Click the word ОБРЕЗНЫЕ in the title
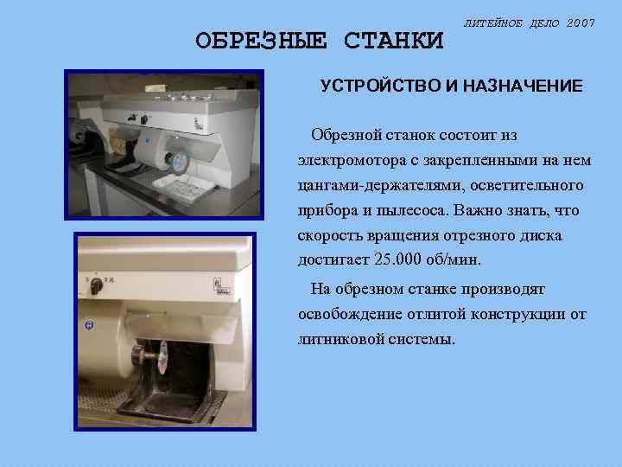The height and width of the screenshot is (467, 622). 261,41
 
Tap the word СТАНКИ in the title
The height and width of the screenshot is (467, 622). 393,41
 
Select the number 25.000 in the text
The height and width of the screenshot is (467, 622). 405,259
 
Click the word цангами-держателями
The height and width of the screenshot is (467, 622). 378,186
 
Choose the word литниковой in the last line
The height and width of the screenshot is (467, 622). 335,339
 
